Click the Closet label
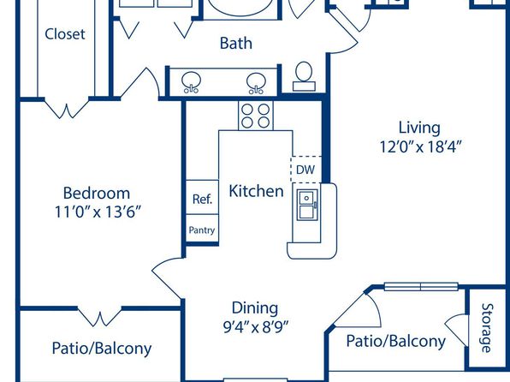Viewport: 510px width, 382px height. pyautogui.click(x=65, y=34)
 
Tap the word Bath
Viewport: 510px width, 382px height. pyautogui.click(x=236, y=44)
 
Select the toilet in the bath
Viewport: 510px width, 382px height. pyautogui.click(x=304, y=76)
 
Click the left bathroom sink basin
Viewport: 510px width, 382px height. pyautogui.click(x=192, y=82)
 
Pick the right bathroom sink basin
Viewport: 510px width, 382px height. pyautogui.click(x=256, y=83)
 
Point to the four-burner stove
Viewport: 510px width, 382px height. pyautogui.click(x=256, y=116)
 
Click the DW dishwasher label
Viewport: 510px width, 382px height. pyautogui.click(x=305, y=170)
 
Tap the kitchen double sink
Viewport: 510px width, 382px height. pyautogui.click(x=306, y=206)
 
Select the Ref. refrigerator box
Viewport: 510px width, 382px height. pyautogui.click(x=202, y=197)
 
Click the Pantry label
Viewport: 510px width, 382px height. pyautogui.click(x=202, y=230)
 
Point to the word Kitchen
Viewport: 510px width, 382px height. pyautogui.click(x=257, y=191)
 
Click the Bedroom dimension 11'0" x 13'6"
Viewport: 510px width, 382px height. pyautogui.click(x=98, y=212)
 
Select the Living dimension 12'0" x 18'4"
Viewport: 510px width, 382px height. pyautogui.click(x=420, y=146)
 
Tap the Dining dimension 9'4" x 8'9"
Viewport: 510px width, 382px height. pyautogui.click(x=255, y=326)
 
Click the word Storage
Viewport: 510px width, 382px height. pyautogui.click(x=487, y=328)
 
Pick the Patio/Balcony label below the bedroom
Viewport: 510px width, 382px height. pyautogui.click(x=102, y=348)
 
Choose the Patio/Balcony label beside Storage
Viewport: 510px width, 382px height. pyautogui.click(x=396, y=341)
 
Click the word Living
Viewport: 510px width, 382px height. pyautogui.click(x=419, y=128)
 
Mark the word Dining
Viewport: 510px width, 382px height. pyautogui.click(x=255, y=308)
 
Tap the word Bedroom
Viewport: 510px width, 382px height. pyautogui.click(x=97, y=193)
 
